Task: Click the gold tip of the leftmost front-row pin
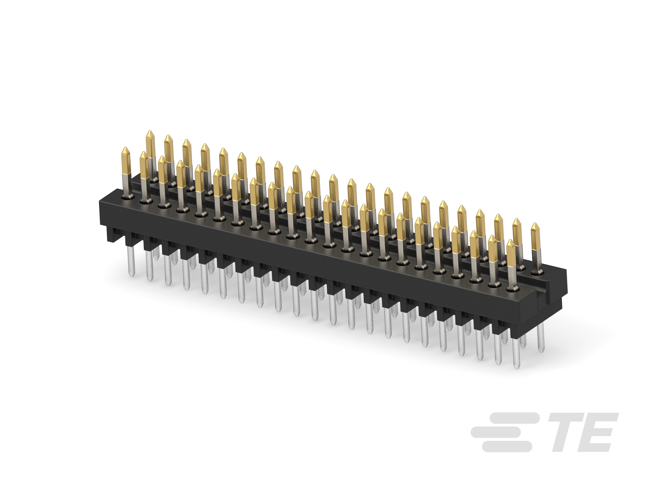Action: tap(126, 161)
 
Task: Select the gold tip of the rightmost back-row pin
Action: tap(535, 236)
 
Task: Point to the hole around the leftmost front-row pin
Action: tap(127, 197)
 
